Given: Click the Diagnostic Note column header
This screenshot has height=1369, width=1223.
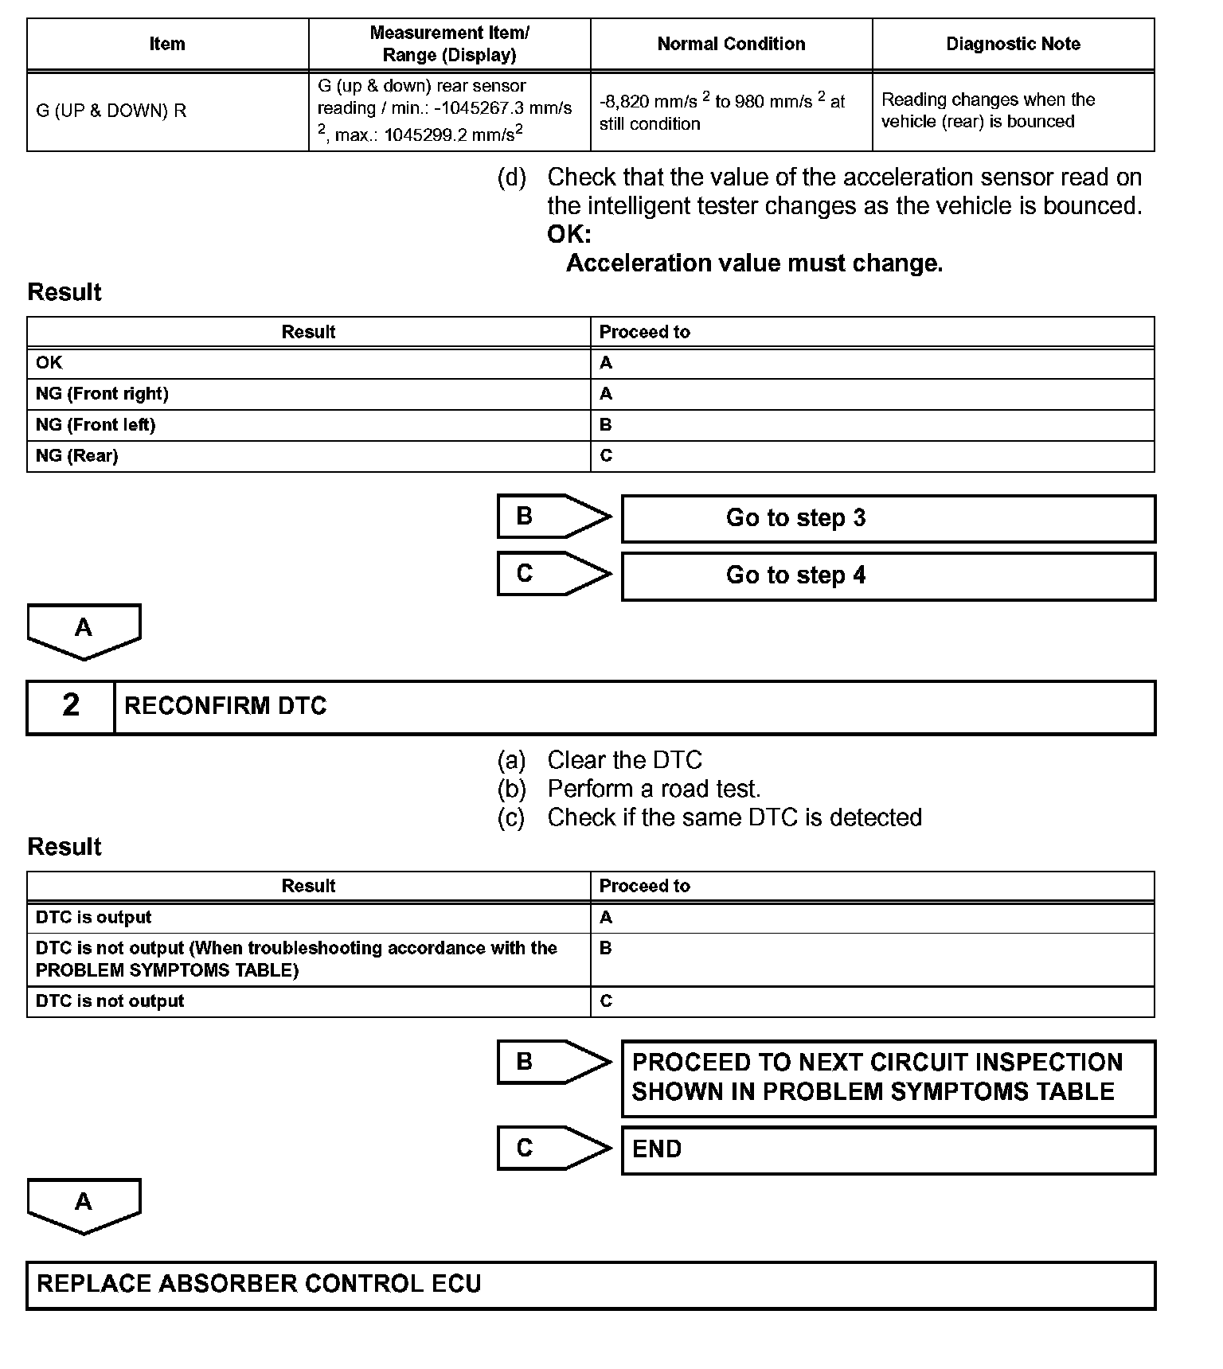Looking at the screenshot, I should (1013, 45).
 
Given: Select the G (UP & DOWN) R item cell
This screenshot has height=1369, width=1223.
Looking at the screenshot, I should (111, 111).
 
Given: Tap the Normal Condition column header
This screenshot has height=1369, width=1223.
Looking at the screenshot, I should (731, 45).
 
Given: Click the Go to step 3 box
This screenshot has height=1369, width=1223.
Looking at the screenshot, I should (888, 519).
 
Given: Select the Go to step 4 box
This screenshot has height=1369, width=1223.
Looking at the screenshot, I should (888, 576).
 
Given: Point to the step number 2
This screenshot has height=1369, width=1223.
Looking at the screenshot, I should (71, 706).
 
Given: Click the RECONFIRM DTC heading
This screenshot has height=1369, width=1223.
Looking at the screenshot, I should (226, 707).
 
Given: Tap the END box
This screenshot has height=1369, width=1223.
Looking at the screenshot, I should (888, 1150).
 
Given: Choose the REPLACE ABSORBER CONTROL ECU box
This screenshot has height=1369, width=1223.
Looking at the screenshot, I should (590, 1285).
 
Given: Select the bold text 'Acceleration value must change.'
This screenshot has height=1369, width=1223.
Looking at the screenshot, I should (754, 263).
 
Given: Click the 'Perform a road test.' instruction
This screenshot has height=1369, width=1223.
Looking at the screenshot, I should (654, 789).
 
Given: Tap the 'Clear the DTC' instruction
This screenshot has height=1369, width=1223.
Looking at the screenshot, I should (624, 760).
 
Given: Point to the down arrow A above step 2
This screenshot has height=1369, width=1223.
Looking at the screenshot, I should (84, 631).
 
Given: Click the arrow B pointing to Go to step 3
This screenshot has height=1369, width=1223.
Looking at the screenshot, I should (553, 517).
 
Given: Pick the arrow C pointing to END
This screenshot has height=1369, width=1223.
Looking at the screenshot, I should (553, 1148).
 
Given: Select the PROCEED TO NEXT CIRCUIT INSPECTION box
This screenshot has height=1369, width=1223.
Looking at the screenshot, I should (888, 1078).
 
